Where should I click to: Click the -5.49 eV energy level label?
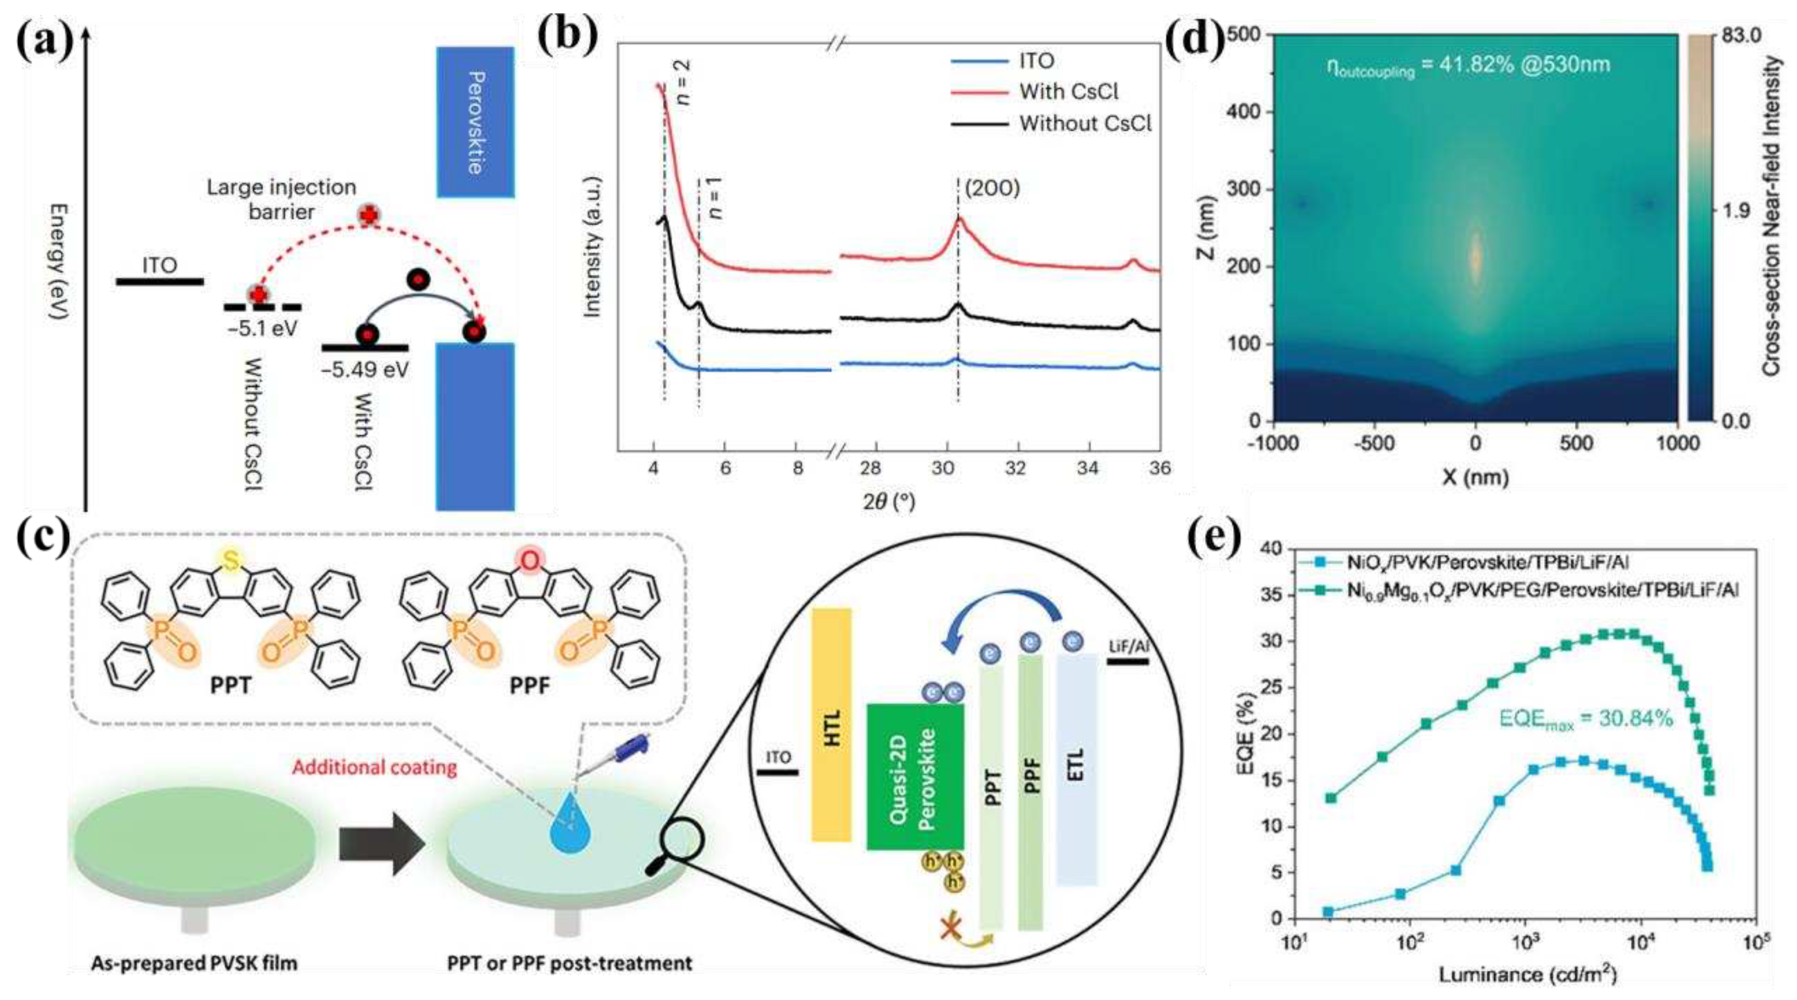(365, 370)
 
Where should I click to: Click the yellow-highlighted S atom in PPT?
(231, 560)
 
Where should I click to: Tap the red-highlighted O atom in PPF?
(530, 560)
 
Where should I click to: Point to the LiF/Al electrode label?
(1128, 647)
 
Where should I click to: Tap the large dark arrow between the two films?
(382, 843)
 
